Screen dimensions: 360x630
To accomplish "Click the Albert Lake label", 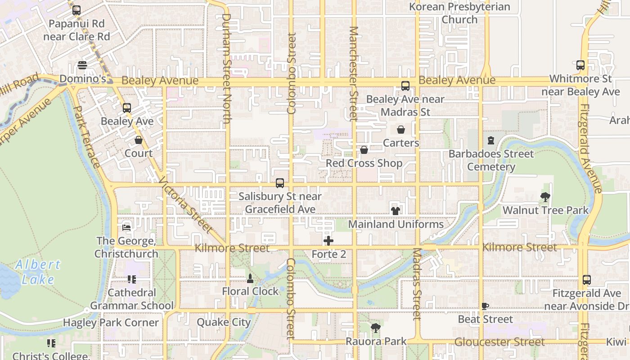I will coord(38,272).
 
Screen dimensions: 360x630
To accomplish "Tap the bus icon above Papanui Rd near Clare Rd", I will coord(76,10).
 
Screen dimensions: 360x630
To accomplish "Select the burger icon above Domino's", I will coord(82,66).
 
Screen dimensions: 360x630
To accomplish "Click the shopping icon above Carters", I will coord(401,130).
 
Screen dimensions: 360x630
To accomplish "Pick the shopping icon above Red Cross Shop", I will coord(364,150).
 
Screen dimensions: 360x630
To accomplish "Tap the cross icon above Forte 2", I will coord(328,241).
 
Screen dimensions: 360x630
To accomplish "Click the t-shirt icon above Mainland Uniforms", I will coord(396,211).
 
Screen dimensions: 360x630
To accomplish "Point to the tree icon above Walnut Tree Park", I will coord(545,197).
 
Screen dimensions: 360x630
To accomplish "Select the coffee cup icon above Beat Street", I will coord(485,306).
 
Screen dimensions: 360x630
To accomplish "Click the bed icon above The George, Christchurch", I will coord(126,227).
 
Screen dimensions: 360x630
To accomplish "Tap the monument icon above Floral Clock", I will coord(250,278).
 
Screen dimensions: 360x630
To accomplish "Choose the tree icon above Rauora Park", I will coord(376,328).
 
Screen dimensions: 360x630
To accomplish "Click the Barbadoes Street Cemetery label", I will coord(491,160).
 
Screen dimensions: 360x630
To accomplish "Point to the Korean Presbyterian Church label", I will coord(459,13).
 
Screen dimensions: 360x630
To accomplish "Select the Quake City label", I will coord(224,322).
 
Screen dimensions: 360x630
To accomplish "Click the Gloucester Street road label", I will coord(499,342).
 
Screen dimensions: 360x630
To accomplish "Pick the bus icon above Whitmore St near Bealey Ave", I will coord(580,65).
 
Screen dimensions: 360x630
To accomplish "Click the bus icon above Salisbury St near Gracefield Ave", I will coord(280,183).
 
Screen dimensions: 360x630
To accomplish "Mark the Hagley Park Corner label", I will coord(111,323).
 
